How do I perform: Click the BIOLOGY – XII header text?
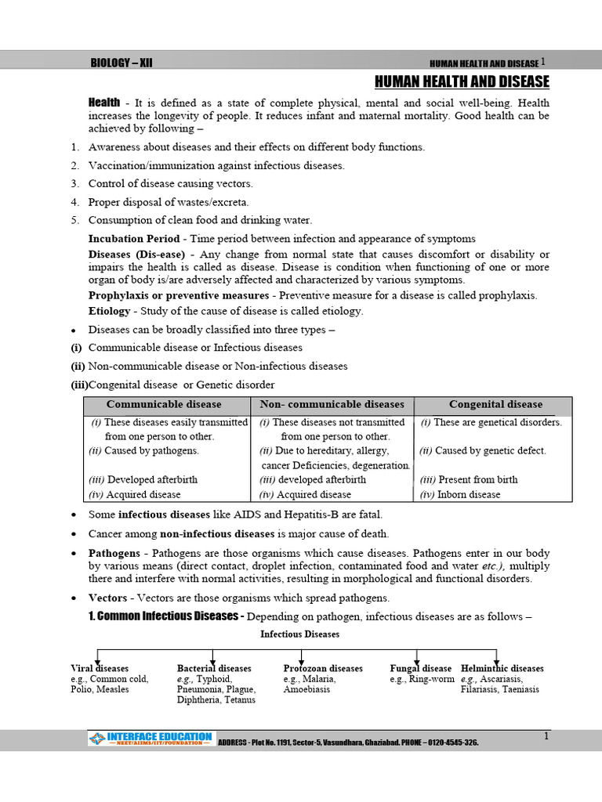click(x=121, y=63)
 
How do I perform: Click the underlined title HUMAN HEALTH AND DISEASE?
click(x=462, y=82)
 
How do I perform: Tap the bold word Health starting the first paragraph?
click(x=104, y=103)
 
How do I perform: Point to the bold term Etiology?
click(x=110, y=311)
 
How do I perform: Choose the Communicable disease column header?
click(x=164, y=405)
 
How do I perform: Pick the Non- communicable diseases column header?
click(x=332, y=405)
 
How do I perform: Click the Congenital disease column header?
click(x=495, y=405)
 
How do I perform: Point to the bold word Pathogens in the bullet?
click(x=114, y=553)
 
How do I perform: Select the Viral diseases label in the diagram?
click(x=99, y=669)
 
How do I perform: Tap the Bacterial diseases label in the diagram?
click(x=214, y=669)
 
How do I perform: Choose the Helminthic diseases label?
click(x=502, y=669)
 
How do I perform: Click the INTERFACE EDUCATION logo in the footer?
click(x=150, y=738)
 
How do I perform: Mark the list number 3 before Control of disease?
click(x=74, y=184)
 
